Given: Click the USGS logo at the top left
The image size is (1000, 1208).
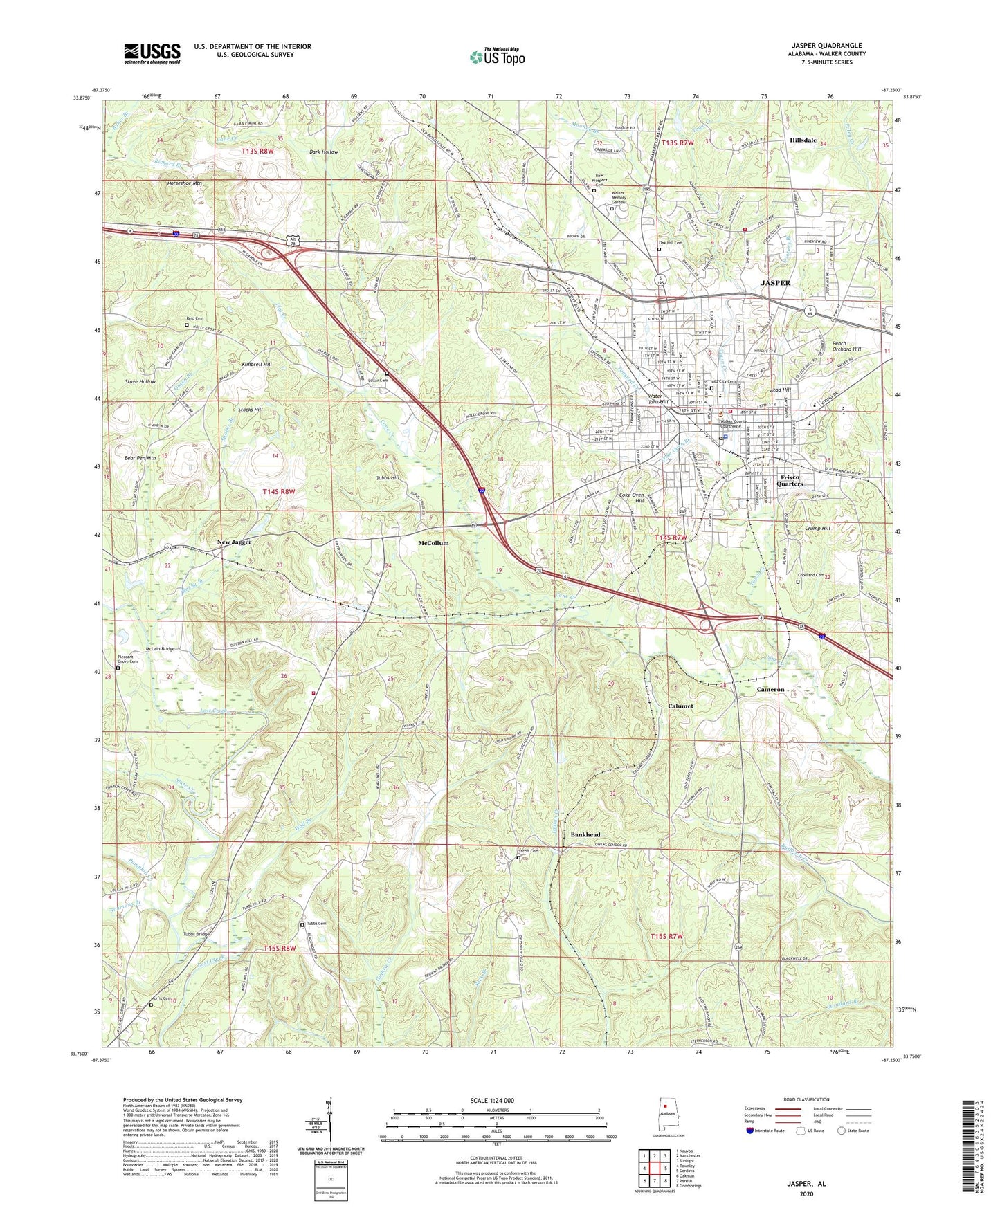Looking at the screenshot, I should click(x=152, y=53).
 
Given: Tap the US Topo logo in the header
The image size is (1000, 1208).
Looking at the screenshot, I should click(x=497, y=56).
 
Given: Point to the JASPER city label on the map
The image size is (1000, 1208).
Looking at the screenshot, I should click(x=775, y=283).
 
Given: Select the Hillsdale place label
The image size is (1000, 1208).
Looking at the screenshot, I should click(x=804, y=139).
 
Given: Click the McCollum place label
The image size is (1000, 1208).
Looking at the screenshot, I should click(x=433, y=543).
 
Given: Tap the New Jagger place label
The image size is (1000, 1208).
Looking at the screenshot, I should click(x=234, y=542).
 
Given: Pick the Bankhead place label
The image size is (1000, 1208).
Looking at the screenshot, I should click(x=585, y=835).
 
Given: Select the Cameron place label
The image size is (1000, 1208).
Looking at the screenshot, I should click(x=770, y=690).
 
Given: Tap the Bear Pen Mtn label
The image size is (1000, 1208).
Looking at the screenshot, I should click(x=140, y=458).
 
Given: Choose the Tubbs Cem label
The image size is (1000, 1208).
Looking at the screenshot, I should click(x=316, y=924).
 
